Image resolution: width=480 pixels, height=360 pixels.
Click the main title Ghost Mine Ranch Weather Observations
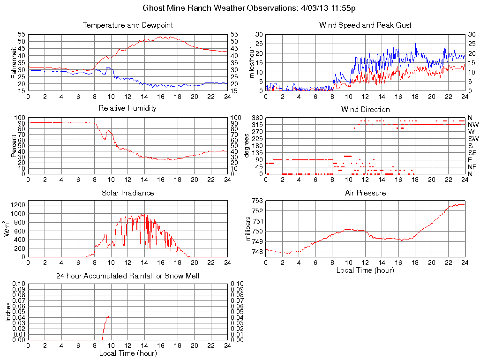pos(252,8)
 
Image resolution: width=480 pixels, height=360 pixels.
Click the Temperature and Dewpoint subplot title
pos(127,25)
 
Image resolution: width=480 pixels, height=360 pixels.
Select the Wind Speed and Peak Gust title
pos(365,25)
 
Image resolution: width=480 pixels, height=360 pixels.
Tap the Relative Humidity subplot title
pos(127,108)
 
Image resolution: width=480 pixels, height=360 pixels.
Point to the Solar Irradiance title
pos(127,193)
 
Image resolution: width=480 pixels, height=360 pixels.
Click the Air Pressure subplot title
pos(365,193)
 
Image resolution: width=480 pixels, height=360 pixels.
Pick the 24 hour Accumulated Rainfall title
pos(127,276)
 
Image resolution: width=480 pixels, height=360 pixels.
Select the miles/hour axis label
pos(252,62)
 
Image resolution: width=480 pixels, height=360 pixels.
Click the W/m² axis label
pos(8,229)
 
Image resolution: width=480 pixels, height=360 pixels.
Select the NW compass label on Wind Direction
pos(473,125)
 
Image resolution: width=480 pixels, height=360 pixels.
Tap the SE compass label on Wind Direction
pos(472,153)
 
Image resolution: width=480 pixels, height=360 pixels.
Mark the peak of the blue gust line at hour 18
pos(415,40)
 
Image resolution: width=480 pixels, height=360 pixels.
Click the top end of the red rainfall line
pos(110,312)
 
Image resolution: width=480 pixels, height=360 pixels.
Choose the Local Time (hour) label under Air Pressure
pos(365,270)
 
